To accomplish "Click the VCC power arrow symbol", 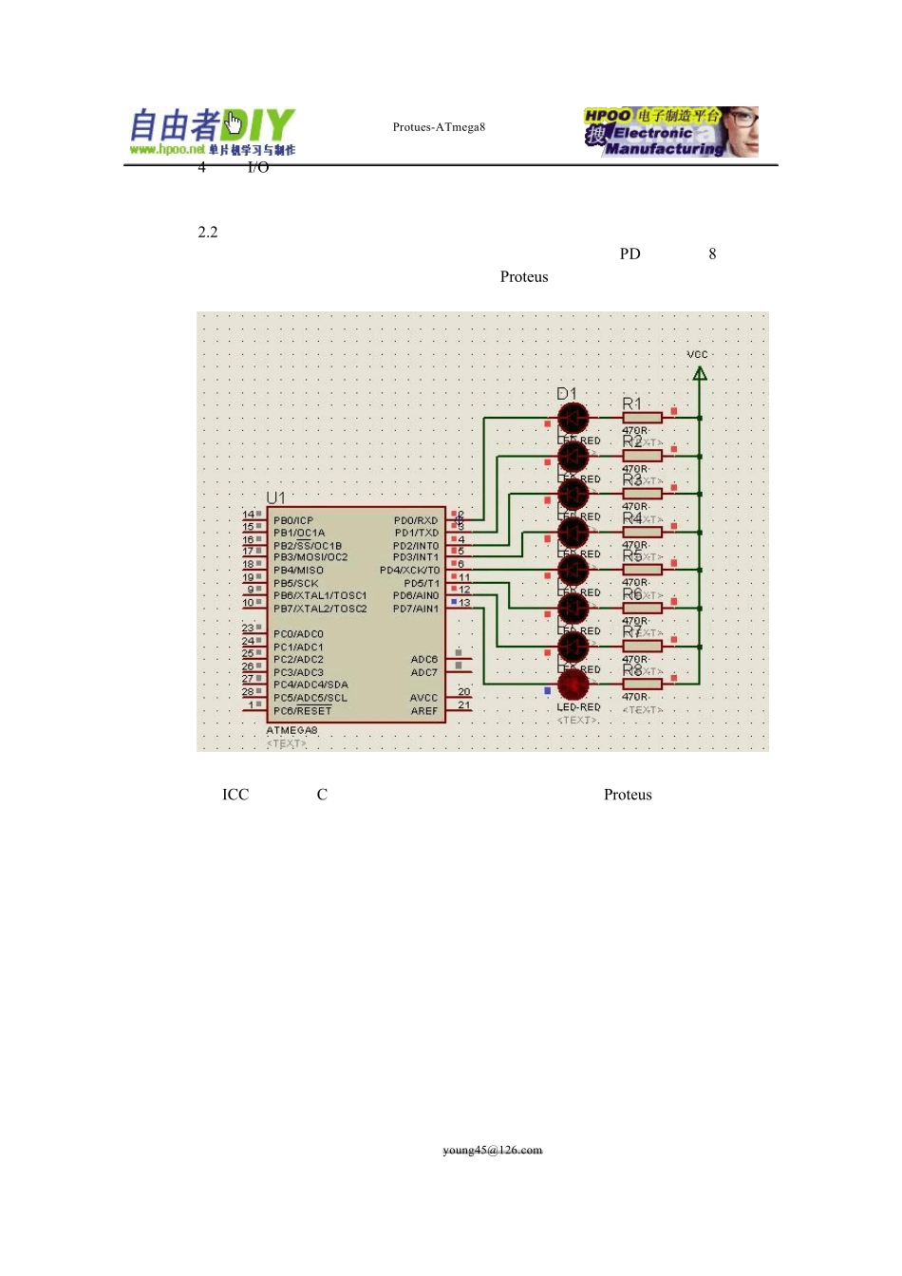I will click(700, 374).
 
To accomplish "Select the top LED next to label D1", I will click(573, 418).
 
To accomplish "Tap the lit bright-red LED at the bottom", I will click(573, 684).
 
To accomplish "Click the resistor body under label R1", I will click(643, 418).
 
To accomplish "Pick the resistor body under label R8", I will click(643, 684).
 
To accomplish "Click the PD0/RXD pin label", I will click(416, 520).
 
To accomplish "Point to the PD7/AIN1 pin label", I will click(416, 609).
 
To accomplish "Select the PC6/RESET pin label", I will click(303, 710).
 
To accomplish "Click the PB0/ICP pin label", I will click(293, 520).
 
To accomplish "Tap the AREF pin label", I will click(423, 710).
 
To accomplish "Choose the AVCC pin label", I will click(423, 698).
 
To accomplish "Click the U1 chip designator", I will click(275, 498).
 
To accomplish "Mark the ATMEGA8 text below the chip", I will click(292, 730).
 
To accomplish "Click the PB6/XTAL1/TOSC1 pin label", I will click(320, 595).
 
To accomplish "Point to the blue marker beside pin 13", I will click(454, 602).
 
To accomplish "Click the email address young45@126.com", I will click(492, 1150).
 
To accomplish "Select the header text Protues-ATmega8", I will click(439, 127).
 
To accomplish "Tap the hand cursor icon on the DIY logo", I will click(235, 122).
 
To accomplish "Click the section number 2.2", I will click(208, 232).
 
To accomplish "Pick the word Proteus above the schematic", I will click(524, 277).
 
